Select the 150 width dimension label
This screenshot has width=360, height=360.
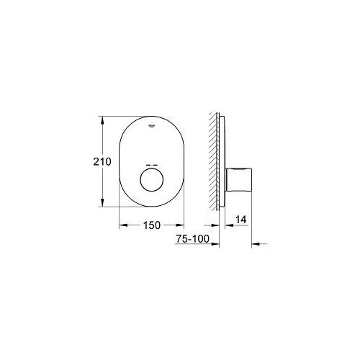[152, 225]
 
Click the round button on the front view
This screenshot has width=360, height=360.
[152, 180]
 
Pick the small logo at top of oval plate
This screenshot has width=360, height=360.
[152, 125]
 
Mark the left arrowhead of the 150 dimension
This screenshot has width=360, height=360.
[122, 225]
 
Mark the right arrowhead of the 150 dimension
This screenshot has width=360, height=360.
[181, 225]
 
